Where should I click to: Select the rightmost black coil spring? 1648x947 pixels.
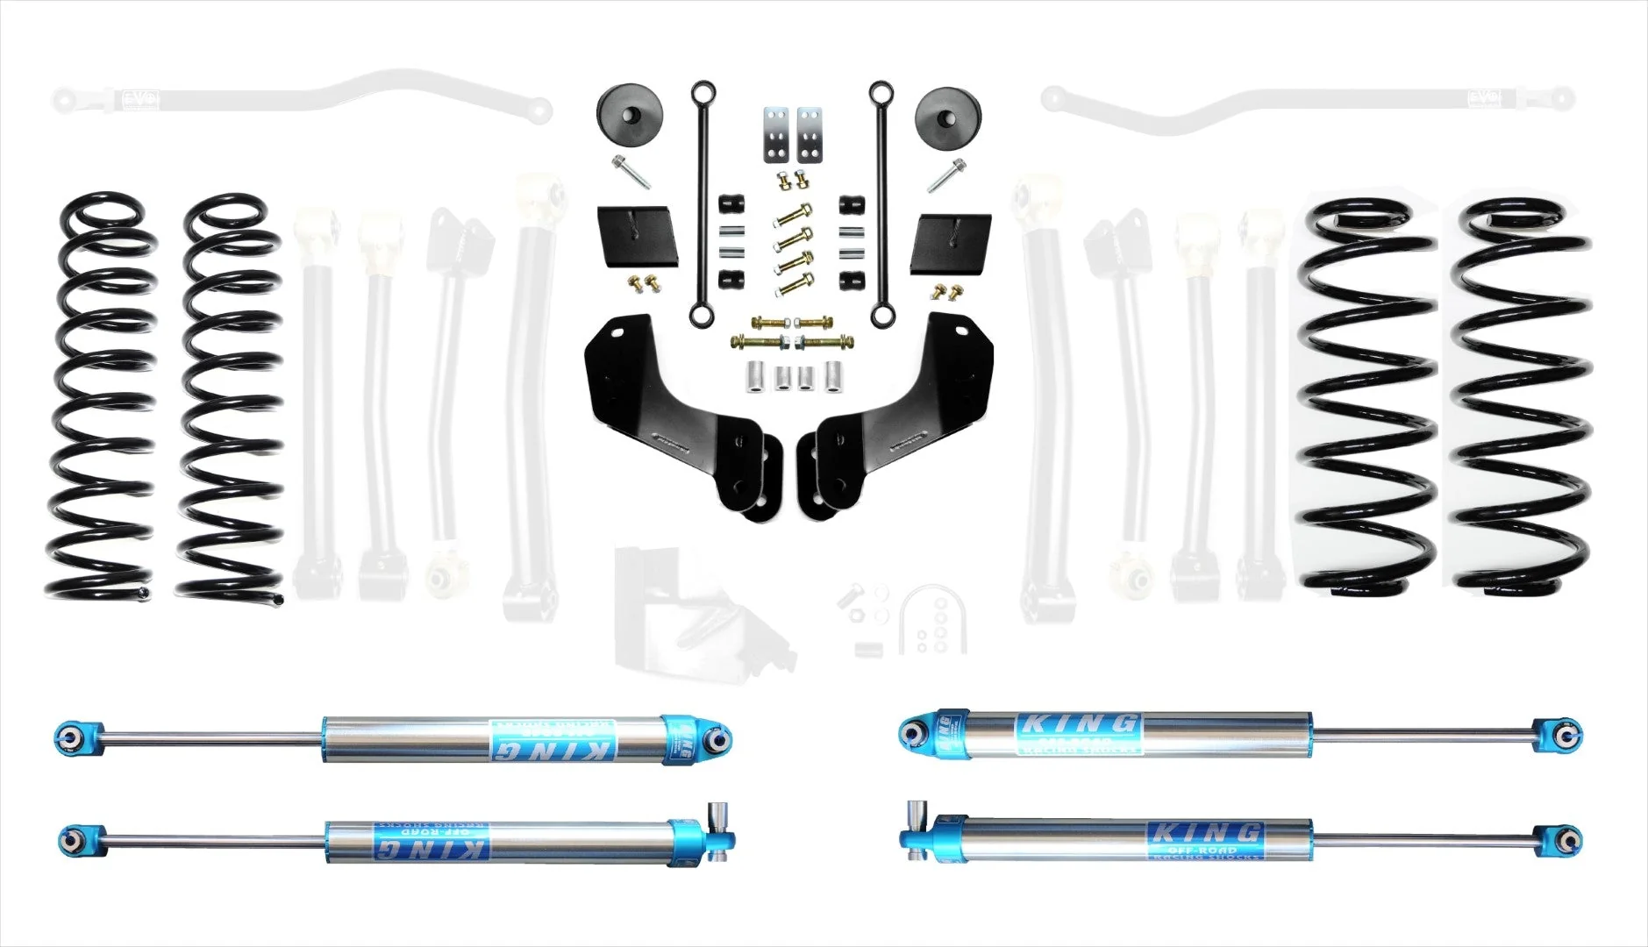tap(1522, 395)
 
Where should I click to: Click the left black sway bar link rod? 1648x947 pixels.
tap(701, 202)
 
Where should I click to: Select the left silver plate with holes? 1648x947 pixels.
tap(774, 136)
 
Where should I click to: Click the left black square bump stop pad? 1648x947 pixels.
tap(638, 238)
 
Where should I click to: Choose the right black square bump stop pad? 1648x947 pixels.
tap(949, 243)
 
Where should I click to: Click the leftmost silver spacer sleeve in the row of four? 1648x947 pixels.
tap(755, 378)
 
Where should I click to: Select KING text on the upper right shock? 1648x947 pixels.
tap(1076, 725)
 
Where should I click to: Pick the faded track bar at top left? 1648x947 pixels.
tap(298, 101)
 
